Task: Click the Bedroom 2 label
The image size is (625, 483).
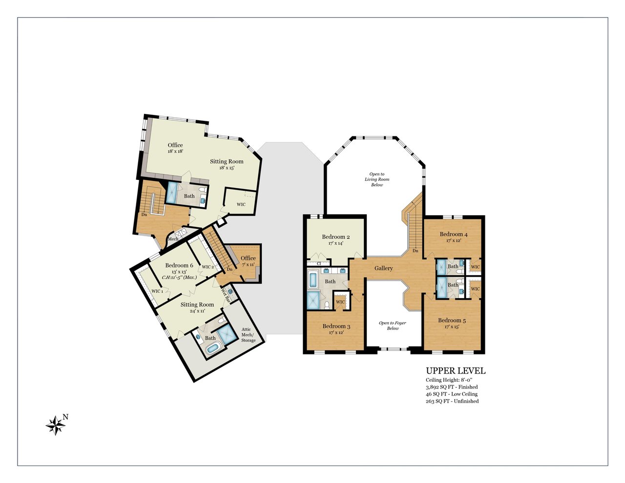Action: point(335,237)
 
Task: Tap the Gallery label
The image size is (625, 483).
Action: point(383,268)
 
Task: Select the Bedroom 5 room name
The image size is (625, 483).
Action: point(452,320)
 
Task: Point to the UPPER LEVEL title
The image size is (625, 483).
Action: point(456,371)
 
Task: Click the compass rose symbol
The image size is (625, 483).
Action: point(55,425)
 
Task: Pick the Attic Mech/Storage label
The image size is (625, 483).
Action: point(248,335)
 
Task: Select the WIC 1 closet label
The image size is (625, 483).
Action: point(157,291)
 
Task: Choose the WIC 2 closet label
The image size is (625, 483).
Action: point(208,267)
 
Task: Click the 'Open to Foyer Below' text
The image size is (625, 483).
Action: point(393,326)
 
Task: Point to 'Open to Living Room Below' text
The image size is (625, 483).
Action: point(377,179)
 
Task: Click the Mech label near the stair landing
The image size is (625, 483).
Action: point(173,239)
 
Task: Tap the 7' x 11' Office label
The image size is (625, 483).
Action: point(248,264)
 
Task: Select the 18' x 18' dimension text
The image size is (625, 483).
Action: point(175,151)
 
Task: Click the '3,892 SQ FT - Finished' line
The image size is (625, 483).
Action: point(452,387)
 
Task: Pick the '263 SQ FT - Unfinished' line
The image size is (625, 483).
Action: point(452,401)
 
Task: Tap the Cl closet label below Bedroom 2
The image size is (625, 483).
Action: point(319,263)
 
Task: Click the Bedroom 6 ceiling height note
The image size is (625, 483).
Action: point(180,278)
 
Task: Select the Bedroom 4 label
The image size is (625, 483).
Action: point(454,234)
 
